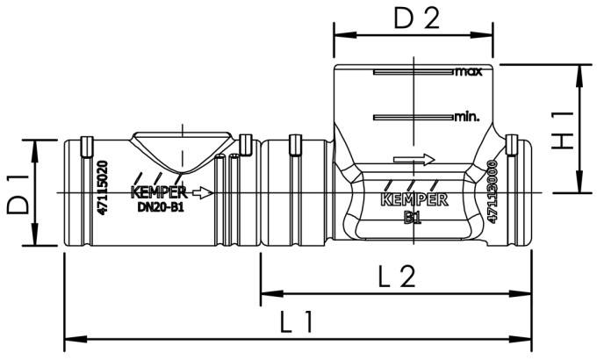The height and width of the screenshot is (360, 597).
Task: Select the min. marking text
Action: [x=467, y=116]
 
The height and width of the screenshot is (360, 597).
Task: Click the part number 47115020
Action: [x=104, y=190]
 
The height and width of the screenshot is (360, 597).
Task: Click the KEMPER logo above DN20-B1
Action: [x=157, y=192]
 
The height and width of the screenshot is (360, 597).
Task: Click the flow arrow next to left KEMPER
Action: [x=203, y=192]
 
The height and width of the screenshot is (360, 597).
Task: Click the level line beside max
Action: [x=413, y=72]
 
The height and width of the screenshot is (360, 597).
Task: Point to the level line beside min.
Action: [x=413, y=117]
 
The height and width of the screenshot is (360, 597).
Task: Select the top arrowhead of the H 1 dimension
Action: [x=579, y=70]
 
